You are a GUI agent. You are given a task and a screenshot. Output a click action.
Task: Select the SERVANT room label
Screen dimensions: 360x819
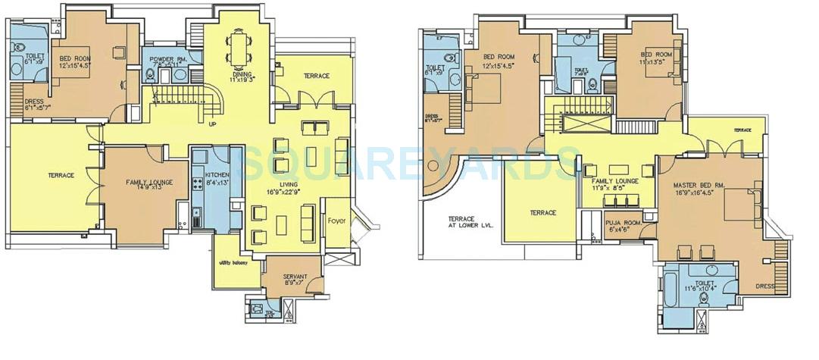coord(293,276)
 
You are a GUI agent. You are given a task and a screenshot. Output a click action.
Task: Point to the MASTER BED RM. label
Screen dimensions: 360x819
coord(700,184)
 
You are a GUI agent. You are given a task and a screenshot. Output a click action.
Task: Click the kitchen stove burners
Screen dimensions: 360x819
coord(198,183)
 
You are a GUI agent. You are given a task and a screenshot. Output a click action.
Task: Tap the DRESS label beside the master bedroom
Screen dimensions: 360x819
coord(765,286)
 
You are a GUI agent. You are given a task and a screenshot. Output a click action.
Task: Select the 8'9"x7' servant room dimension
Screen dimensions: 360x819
coord(293,283)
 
